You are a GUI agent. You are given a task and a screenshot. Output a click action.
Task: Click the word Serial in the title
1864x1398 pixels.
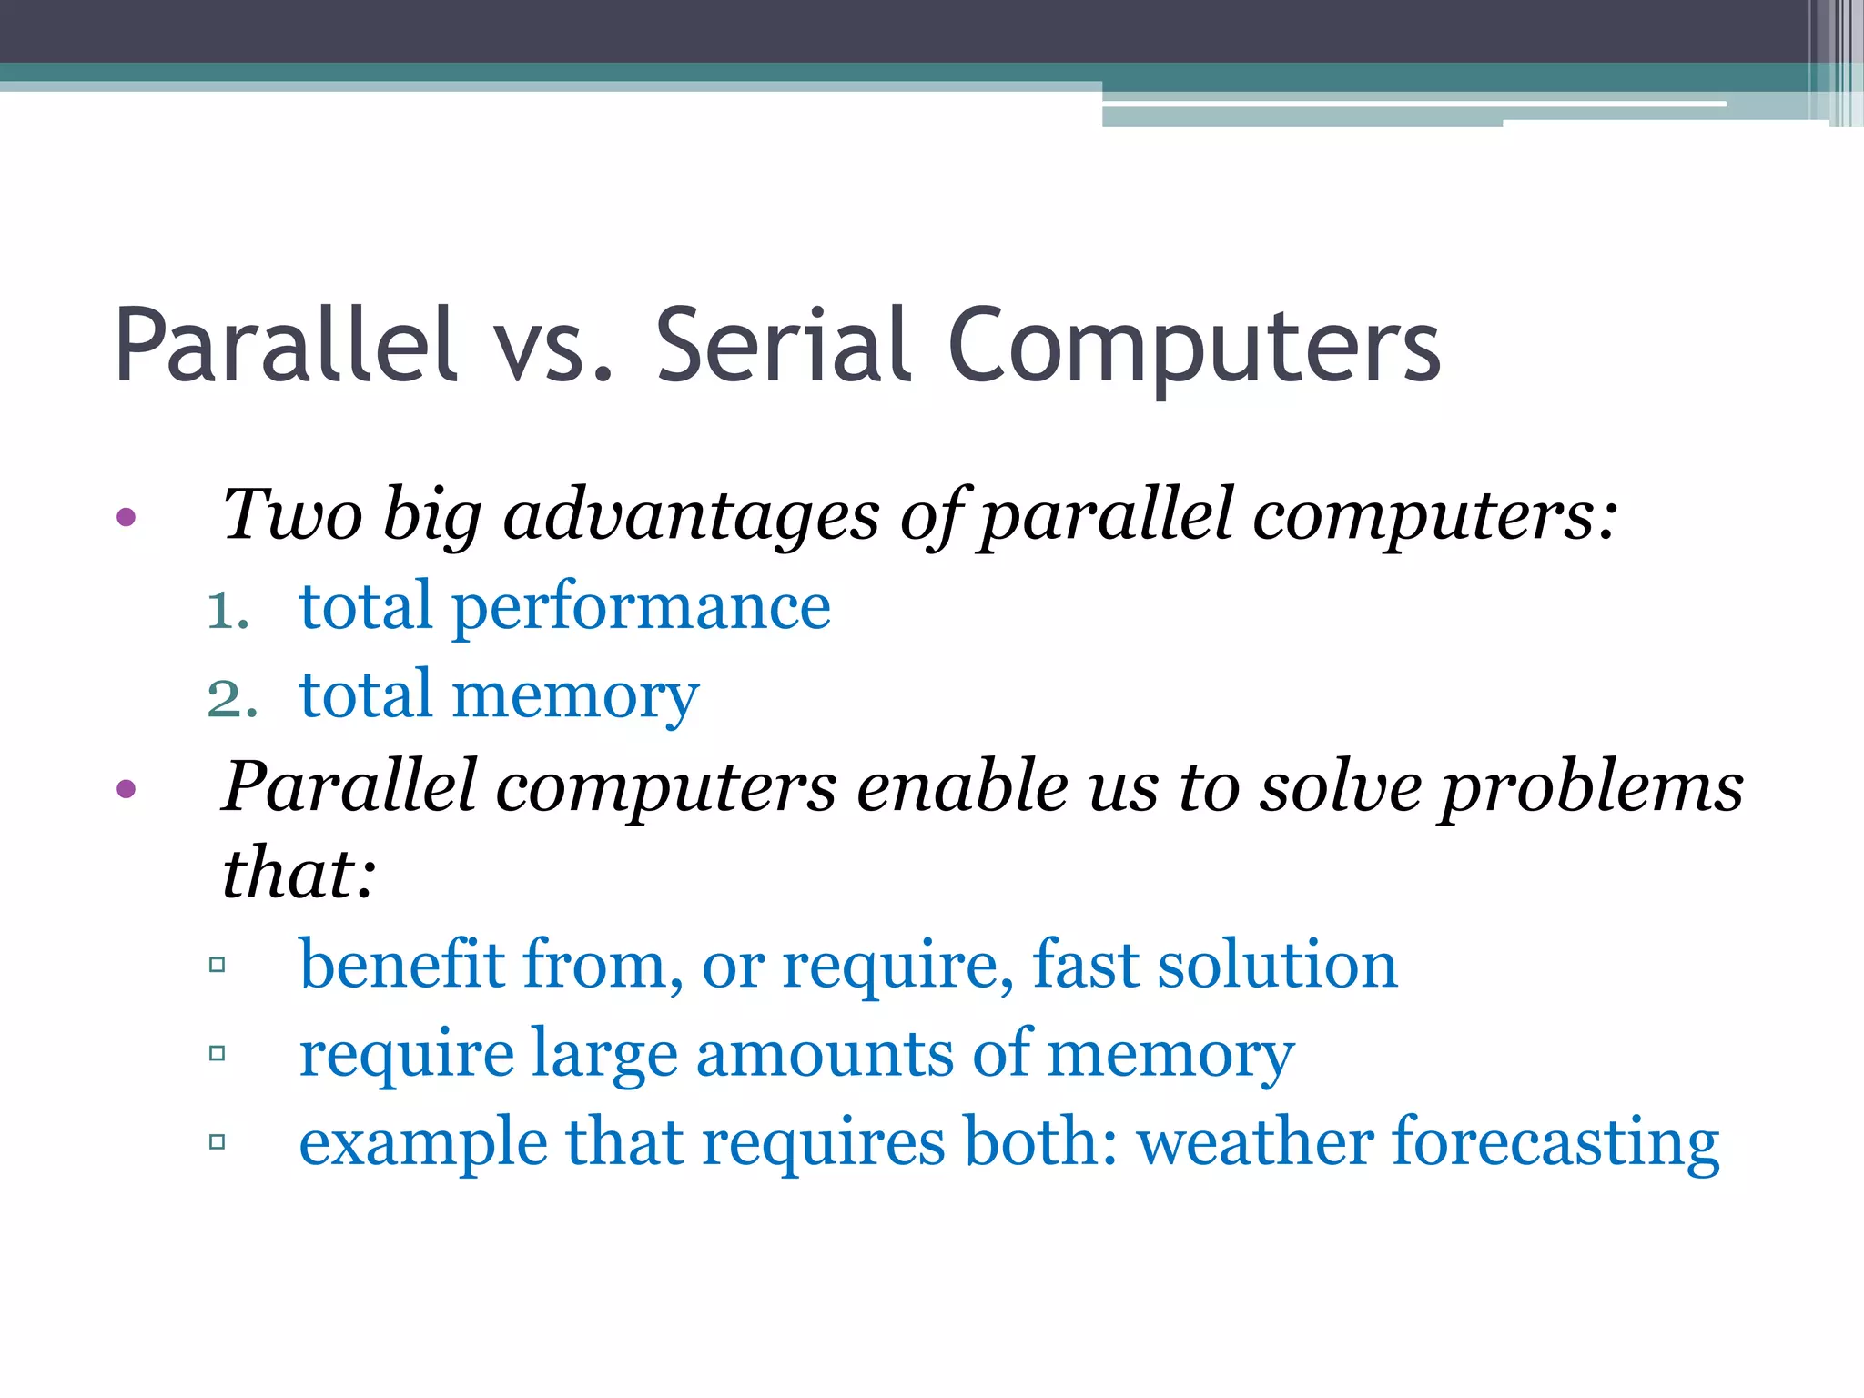(x=783, y=346)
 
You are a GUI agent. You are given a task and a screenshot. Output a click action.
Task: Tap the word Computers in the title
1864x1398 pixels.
(x=1194, y=346)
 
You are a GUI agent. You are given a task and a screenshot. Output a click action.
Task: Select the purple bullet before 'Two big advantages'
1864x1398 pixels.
(x=127, y=518)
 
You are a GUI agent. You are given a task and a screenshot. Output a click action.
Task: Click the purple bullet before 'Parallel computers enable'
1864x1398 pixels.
(x=127, y=788)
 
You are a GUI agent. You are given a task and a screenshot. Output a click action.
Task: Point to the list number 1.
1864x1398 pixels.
(x=227, y=610)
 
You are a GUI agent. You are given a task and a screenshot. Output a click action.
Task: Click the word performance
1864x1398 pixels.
(x=641, y=608)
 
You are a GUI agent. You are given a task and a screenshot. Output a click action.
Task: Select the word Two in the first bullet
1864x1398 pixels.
(x=293, y=514)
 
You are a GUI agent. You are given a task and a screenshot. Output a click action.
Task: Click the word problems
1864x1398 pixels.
(x=1591, y=786)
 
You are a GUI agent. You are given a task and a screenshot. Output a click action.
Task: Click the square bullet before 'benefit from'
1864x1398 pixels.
(x=217, y=965)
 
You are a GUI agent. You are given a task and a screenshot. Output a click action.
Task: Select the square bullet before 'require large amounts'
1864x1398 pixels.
(x=217, y=1054)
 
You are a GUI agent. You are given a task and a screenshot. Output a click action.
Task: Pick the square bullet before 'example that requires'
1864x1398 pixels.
(x=217, y=1141)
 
